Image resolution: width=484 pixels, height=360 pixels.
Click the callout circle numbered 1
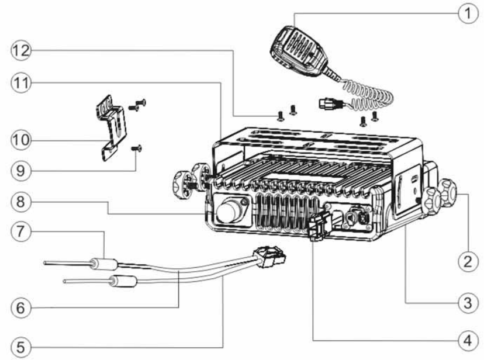[468, 13]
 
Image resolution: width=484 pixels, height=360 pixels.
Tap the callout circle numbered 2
[468, 261]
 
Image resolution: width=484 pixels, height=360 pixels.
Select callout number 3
[468, 303]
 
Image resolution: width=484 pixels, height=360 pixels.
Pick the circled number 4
[468, 341]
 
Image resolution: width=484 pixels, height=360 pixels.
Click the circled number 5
[20, 347]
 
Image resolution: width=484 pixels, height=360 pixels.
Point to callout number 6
[20, 307]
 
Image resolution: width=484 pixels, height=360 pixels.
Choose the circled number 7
[20, 231]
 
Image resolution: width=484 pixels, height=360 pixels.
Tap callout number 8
[20, 202]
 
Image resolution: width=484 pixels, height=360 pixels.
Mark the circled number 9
[20, 170]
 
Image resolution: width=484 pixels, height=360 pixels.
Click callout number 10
[20, 140]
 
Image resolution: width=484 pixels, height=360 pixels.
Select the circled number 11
[20, 82]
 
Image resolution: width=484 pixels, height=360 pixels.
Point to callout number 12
[20, 50]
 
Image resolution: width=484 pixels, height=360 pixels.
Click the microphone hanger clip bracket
[111, 127]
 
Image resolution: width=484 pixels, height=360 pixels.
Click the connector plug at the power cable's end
[269, 257]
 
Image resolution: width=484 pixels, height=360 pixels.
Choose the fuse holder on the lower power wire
[123, 281]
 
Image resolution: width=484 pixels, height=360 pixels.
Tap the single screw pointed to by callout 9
[136, 148]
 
